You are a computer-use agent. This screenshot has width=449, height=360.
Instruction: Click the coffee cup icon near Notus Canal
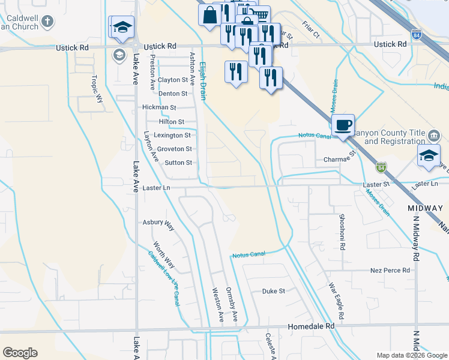coord(343,125)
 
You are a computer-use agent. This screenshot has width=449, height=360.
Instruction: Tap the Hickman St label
coord(159,107)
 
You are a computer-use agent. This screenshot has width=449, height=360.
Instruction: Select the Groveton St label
coord(175,149)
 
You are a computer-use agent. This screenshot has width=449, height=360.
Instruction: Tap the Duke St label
coord(273,291)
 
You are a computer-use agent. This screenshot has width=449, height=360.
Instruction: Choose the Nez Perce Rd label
coord(390,271)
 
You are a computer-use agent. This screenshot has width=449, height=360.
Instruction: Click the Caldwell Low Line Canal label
coord(164,278)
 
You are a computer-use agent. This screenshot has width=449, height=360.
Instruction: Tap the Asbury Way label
coord(158,222)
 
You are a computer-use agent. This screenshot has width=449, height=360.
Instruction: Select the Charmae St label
coord(340,160)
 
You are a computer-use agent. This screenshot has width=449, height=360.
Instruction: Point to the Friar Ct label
coord(311,32)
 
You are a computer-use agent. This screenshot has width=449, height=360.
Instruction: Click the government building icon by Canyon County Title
coord(434,133)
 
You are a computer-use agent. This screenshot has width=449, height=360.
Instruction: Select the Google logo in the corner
coord(20,352)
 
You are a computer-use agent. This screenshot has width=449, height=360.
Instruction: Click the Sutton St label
coord(178,163)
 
